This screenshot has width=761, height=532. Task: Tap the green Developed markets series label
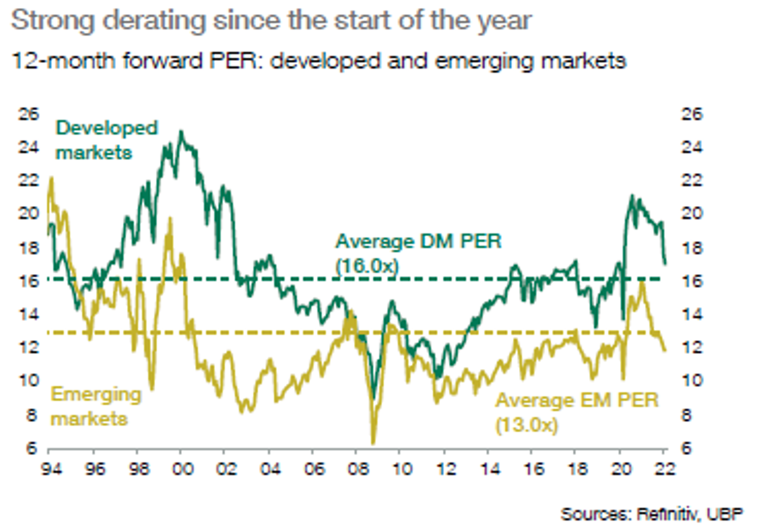[x=106, y=140]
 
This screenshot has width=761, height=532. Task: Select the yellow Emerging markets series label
[x=96, y=406]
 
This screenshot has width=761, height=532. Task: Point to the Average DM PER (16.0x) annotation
[x=418, y=253]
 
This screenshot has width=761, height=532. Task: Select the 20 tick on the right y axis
[x=692, y=213]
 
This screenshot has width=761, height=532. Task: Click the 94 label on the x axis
[x=51, y=468]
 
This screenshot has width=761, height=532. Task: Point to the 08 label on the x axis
[x=359, y=468]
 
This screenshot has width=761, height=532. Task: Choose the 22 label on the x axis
[x=664, y=468]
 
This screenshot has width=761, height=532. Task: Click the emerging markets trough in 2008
[x=373, y=443]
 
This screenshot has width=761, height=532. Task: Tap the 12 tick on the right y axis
[x=692, y=347]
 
